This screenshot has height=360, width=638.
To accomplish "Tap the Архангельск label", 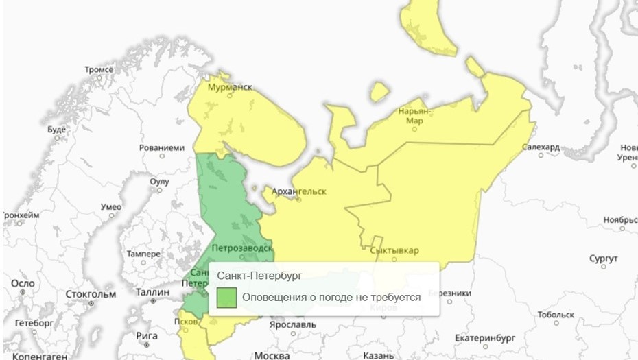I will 298,191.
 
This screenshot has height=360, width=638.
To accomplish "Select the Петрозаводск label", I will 243,247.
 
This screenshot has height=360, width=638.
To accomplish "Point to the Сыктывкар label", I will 394,250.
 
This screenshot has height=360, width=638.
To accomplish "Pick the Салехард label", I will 541,147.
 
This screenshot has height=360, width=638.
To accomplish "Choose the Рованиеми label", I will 162,147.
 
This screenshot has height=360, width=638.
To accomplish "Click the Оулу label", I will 159,181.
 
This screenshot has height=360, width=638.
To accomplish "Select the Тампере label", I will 143,254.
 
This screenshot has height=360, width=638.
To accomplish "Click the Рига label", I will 147,335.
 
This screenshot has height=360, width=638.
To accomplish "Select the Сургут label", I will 604,259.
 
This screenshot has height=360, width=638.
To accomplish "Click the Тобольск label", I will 556,315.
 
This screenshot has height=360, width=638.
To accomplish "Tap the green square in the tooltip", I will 227,297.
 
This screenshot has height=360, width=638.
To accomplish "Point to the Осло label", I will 23,283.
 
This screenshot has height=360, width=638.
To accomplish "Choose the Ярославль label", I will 293,324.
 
